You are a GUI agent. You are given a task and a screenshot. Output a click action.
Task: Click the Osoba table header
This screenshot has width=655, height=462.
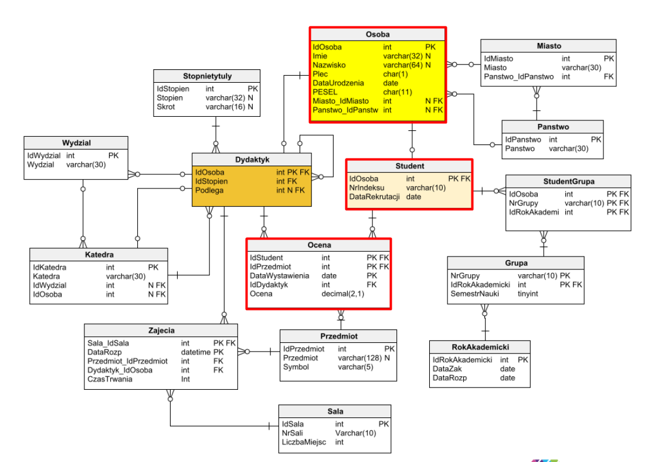378,34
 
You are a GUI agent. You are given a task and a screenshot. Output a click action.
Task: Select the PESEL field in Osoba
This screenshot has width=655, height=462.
325,92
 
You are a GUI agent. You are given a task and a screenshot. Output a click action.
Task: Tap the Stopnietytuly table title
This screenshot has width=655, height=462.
207,76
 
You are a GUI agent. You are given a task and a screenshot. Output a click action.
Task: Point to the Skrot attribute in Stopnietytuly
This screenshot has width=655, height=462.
166,107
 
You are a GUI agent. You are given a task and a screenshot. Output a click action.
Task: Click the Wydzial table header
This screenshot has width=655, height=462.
76,143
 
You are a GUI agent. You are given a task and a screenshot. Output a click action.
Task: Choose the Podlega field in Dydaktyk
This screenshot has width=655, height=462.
209,190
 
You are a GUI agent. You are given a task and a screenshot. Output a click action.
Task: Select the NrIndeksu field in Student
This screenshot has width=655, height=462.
366,188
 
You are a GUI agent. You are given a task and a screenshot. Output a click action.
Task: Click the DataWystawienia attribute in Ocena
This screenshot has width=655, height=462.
279,275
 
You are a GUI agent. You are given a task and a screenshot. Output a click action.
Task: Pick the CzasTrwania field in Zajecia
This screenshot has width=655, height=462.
110,379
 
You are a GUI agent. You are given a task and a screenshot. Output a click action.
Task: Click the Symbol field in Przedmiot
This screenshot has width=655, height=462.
296,367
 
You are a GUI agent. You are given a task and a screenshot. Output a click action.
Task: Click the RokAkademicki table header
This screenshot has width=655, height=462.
480,347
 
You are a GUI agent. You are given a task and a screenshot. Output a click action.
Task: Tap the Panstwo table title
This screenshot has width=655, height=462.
552,127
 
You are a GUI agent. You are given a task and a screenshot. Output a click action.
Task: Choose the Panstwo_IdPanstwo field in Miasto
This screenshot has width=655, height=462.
518,76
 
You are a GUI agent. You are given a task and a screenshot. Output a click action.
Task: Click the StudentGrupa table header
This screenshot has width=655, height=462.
569,181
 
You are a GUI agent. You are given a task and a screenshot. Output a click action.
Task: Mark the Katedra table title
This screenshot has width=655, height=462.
99,255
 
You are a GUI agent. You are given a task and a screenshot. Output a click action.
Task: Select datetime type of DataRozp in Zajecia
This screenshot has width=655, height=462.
195,352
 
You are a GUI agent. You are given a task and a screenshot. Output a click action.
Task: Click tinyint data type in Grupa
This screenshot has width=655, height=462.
528,294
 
